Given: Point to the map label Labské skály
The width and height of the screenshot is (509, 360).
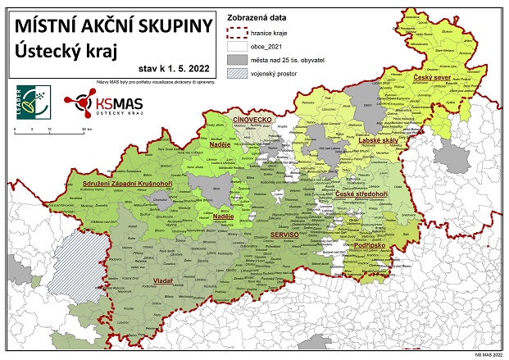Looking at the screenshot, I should click(378, 140).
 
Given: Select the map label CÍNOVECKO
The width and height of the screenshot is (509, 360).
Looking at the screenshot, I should click(252, 120).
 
